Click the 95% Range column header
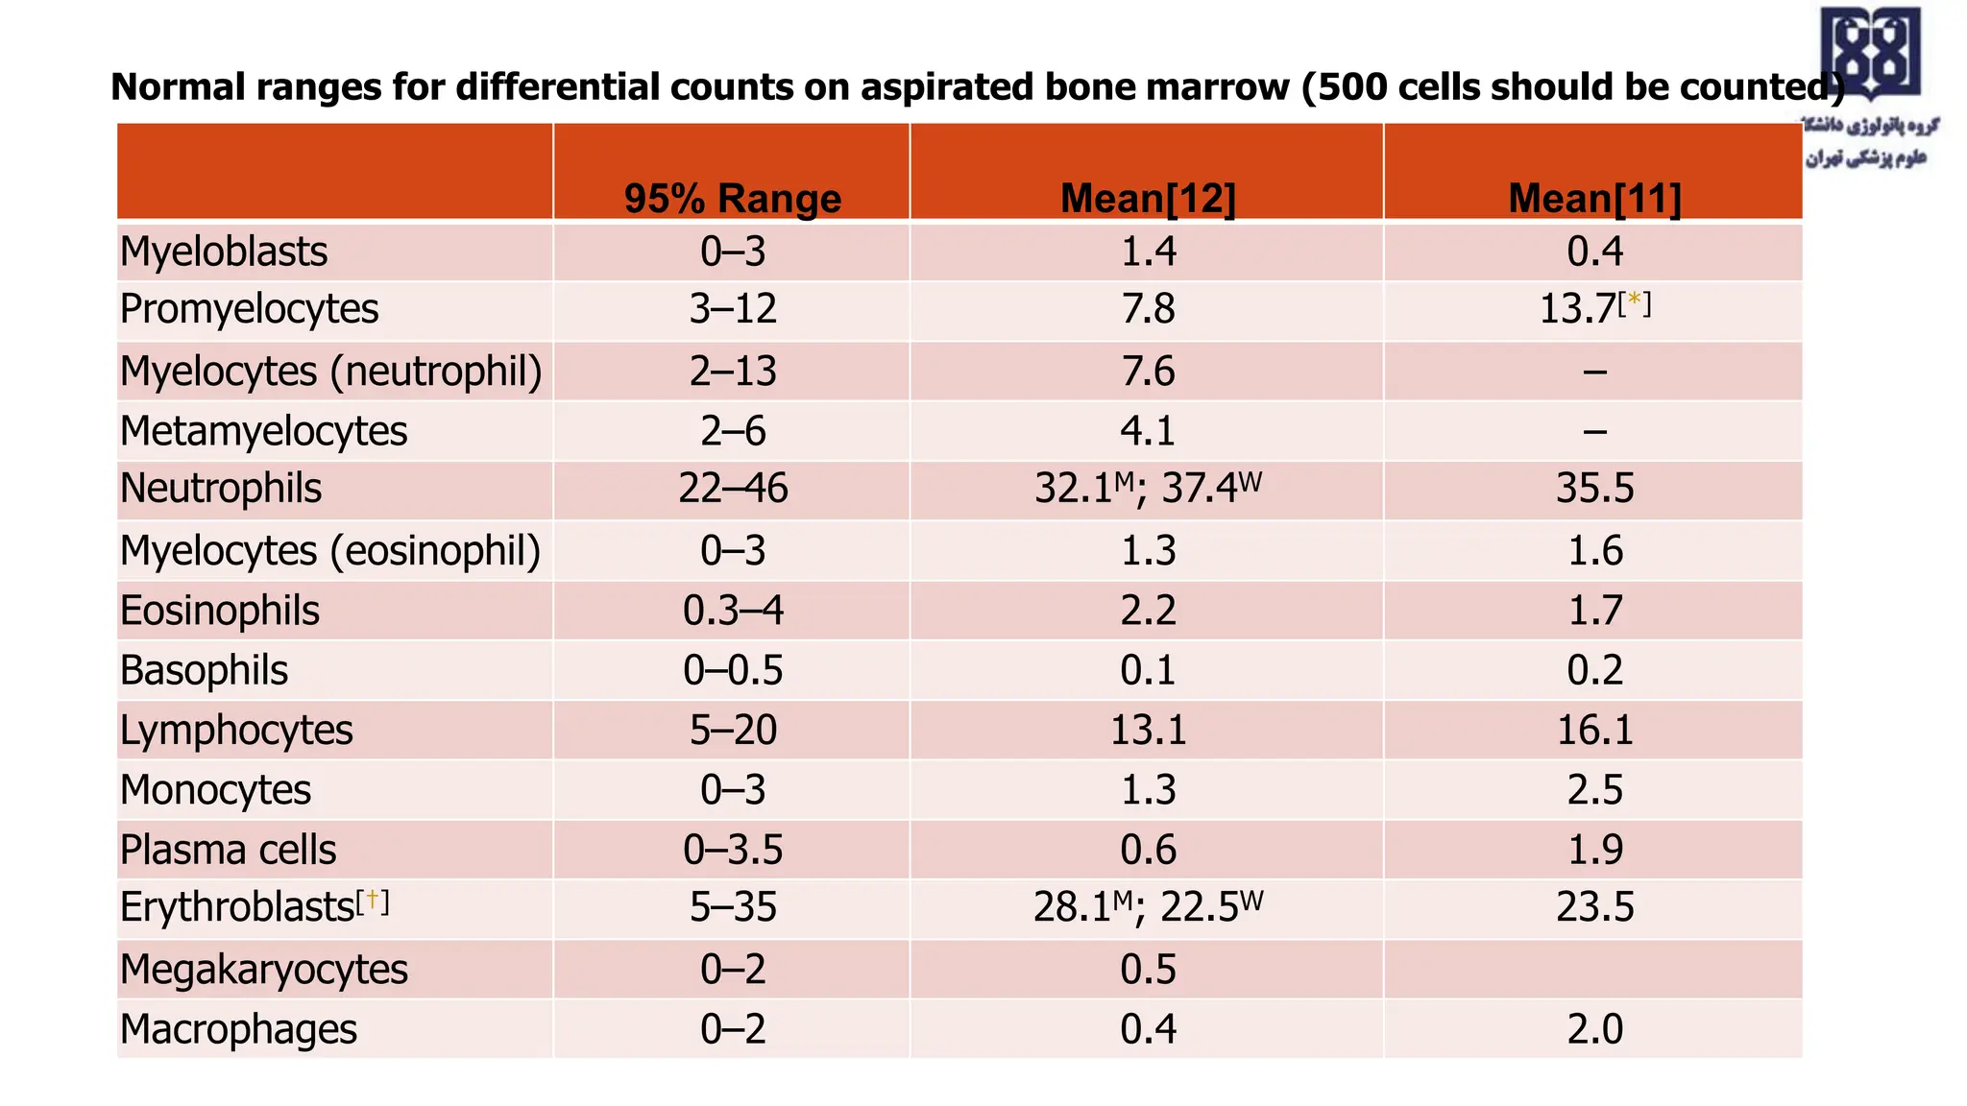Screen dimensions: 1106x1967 (732, 199)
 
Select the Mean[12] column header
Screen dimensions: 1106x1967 (1148, 199)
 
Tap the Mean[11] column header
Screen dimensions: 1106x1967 (1594, 199)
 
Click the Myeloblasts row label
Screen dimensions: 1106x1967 (224, 252)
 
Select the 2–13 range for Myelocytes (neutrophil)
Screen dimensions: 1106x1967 (732, 371)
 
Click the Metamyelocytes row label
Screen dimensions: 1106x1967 (263, 431)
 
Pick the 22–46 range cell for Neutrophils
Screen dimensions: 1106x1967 (732, 489)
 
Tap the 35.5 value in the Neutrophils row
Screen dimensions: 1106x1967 (1594, 489)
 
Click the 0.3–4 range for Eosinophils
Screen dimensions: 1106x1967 (732, 611)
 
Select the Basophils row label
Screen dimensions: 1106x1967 (204, 670)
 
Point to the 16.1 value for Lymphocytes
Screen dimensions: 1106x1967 (1594, 730)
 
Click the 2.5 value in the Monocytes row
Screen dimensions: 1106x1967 (1594, 790)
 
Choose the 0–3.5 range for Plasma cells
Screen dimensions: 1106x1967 (732, 850)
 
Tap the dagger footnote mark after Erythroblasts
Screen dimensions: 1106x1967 (373, 901)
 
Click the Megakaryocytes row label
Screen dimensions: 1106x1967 (263, 970)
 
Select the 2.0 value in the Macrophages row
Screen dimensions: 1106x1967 (1594, 1029)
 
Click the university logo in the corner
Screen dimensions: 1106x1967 (1869, 56)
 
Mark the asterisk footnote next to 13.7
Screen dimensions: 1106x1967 (1634, 301)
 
